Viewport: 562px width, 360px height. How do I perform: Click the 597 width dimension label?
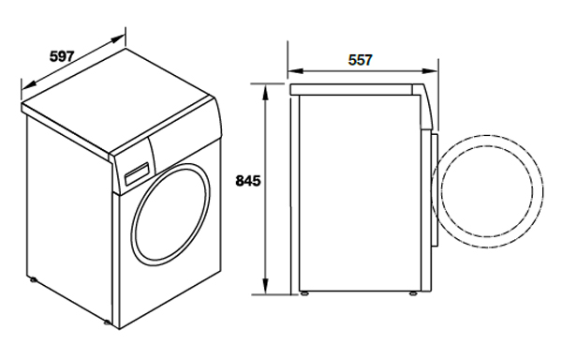62,56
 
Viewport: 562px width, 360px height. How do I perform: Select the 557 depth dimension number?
361,60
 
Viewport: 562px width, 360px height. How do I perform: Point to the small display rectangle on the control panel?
136,173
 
